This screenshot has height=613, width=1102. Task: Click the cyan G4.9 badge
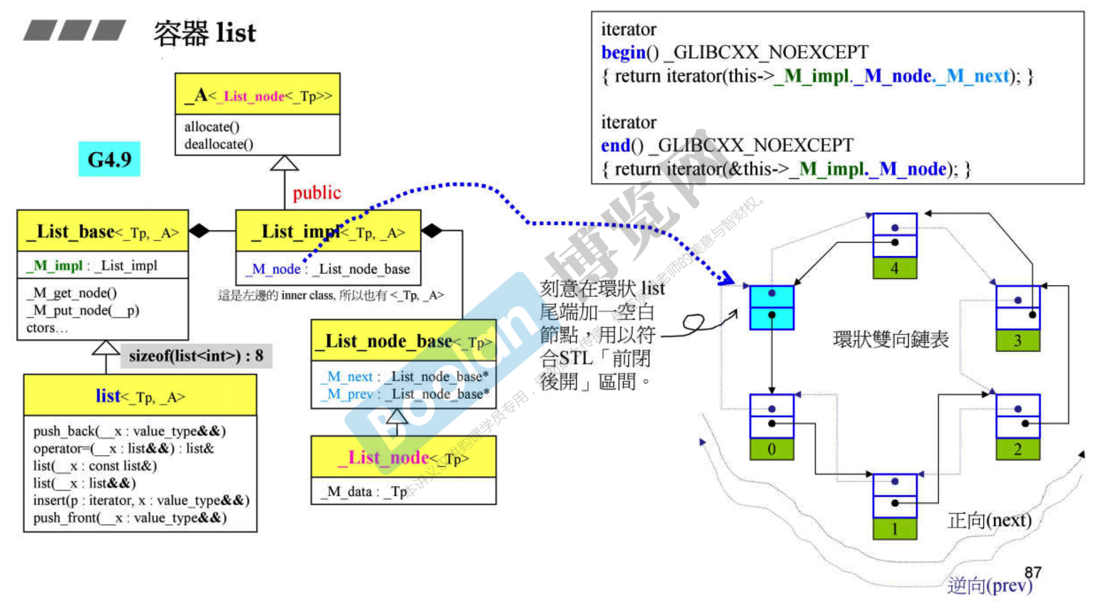coord(109,159)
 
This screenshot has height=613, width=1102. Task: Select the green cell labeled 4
coord(894,268)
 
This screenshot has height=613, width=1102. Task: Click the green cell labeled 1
coord(894,529)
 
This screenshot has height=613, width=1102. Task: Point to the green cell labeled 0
coord(771,449)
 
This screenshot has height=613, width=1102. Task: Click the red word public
coord(317,193)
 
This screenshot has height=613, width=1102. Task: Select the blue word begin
coord(623,52)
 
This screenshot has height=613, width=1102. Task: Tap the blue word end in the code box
coord(615,146)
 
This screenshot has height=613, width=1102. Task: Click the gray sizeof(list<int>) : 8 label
coord(196,356)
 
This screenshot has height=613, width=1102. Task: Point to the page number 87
coord(1033,572)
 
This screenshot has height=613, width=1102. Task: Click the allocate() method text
coord(212,127)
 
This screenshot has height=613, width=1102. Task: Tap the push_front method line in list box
coord(130,518)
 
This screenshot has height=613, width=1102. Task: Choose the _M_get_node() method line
coord(71,293)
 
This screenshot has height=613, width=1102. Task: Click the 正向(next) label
coord(989,521)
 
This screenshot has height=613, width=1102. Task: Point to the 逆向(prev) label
coord(989,586)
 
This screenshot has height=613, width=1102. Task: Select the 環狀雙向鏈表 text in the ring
coord(891,339)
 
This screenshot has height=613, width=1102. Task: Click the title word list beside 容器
coord(236,33)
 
